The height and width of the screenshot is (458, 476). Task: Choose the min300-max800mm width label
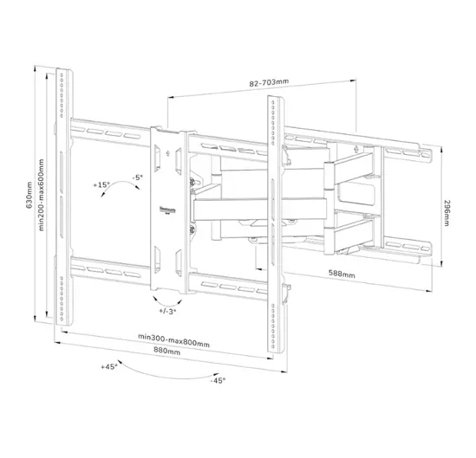click(x=173, y=342)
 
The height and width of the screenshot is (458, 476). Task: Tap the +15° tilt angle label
click(x=101, y=185)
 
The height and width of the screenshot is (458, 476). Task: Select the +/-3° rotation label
click(x=167, y=310)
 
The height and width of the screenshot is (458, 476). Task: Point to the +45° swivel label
click(x=108, y=366)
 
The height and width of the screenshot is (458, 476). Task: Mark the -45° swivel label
click(x=217, y=380)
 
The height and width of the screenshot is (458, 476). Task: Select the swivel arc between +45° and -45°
click(x=165, y=371)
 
